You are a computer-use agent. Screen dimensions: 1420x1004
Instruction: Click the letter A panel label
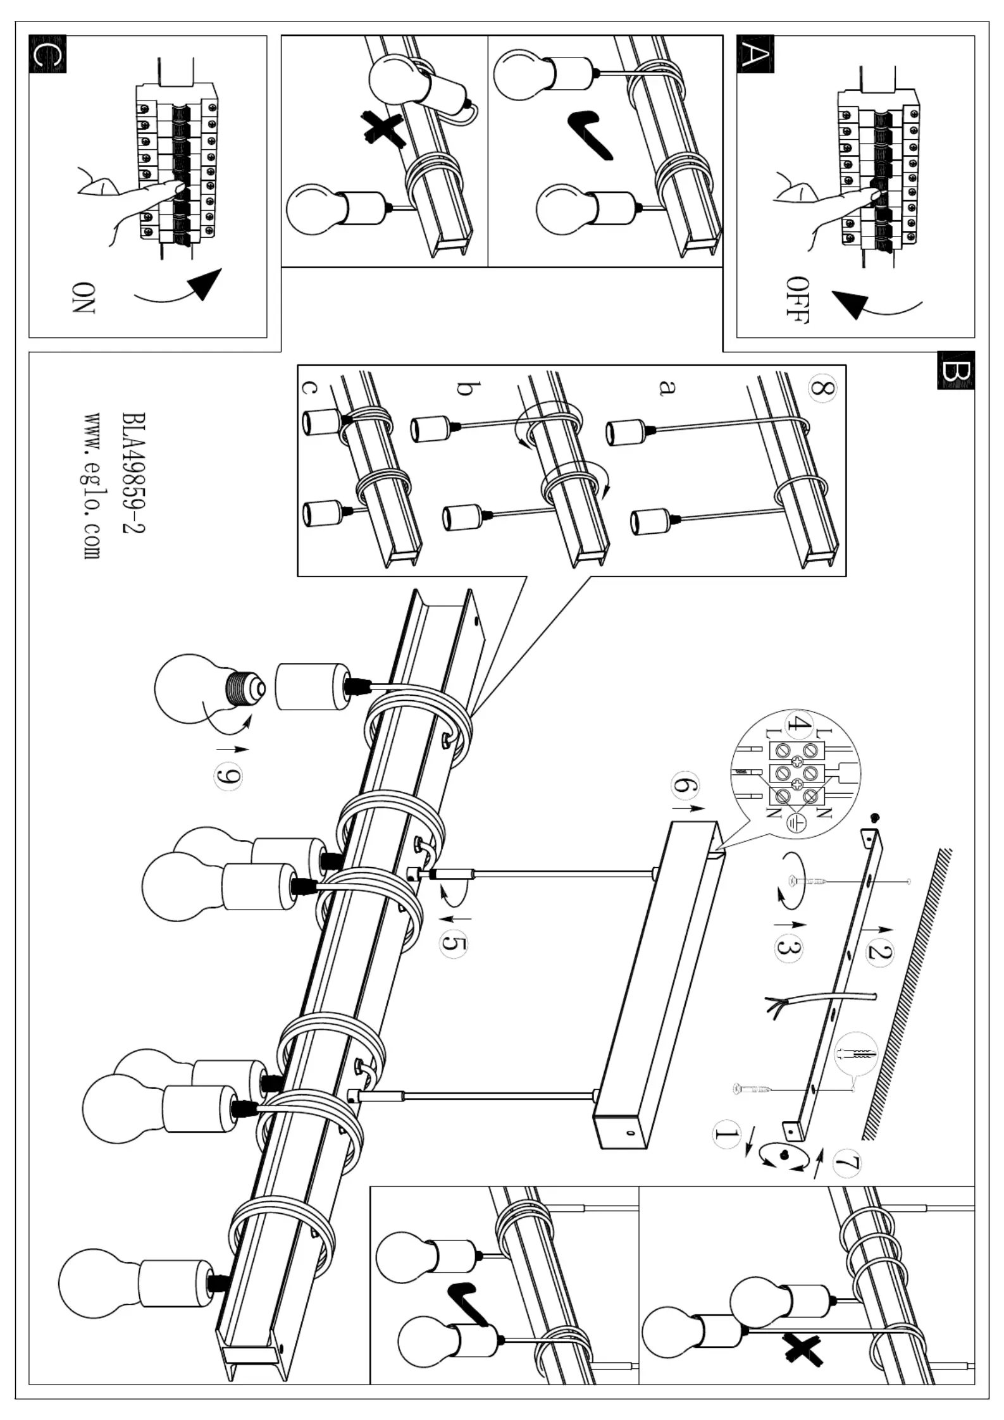click(x=755, y=54)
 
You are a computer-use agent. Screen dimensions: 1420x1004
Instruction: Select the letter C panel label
click(x=47, y=54)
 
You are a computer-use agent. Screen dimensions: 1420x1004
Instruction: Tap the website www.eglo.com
click(x=92, y=486)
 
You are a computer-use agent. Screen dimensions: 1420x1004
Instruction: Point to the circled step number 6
click(x=684, y=788)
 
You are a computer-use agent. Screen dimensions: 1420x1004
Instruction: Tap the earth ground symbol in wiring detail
click(x=796, y=822)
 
